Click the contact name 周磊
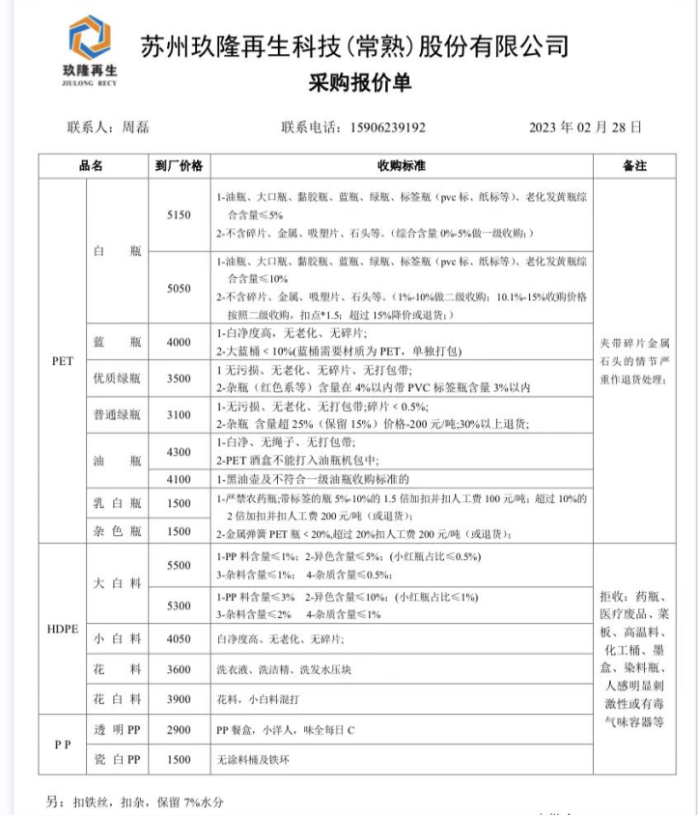[x=135, y=127]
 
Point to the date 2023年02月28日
[x=585, y=127]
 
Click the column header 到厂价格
[x=179, y=165]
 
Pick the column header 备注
[x=634, y=165]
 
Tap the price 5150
[x=179, y=213]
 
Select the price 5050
[x=179, y=288]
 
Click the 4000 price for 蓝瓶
[x=179, y=342]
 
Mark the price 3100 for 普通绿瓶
[x=179, y=414]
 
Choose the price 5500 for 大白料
[x=179, y=565]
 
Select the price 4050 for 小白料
[x=179, y=638]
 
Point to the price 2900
[x=179, y=730]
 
